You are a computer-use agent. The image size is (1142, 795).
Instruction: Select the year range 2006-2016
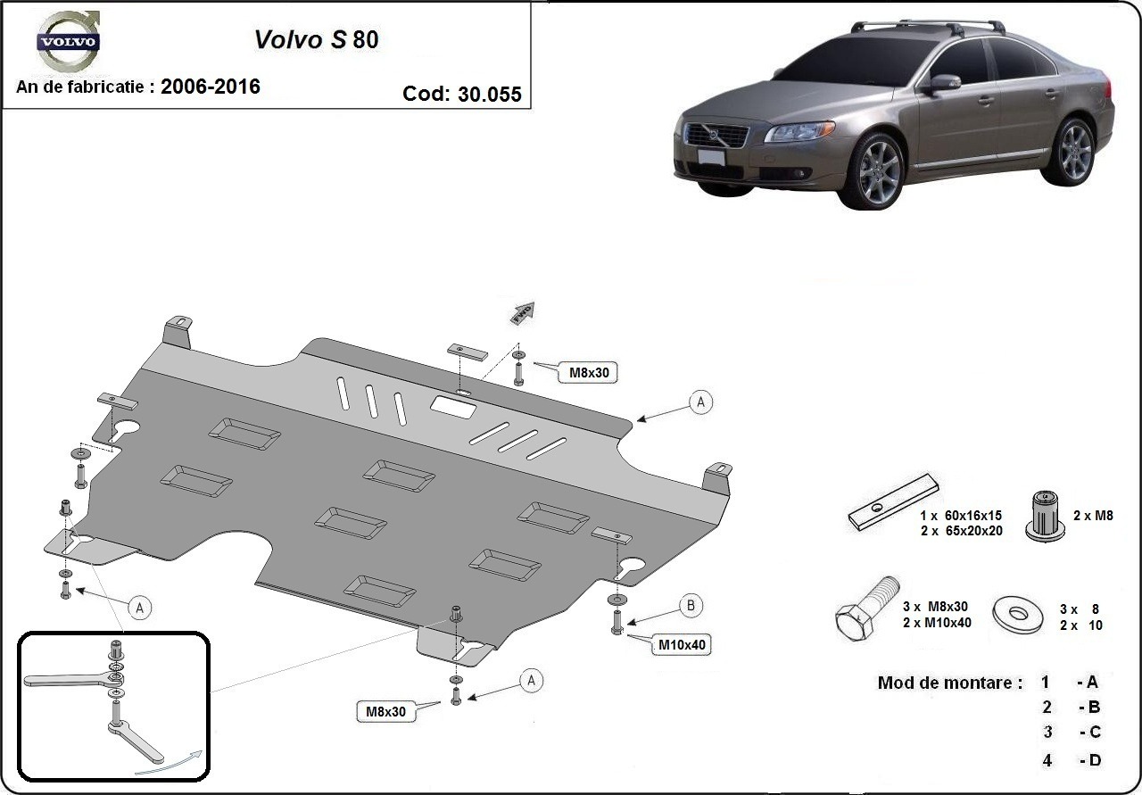point(211,87)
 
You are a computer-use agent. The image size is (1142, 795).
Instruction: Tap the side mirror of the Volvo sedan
point(943,83)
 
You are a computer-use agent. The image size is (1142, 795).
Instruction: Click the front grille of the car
point(716,137)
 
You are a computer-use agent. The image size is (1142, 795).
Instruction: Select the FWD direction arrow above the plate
point(522,311)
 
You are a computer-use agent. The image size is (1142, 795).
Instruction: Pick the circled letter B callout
point(691,607)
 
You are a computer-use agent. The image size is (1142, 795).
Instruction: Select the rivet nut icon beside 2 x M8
point(1042,516)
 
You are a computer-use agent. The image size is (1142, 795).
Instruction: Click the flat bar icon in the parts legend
point(894,501)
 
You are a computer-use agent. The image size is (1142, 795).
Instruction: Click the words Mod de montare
point(950,683)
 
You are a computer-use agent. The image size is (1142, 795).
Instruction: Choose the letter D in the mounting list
point(1093,760)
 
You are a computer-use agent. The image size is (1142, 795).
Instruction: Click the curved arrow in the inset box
point(168,761)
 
